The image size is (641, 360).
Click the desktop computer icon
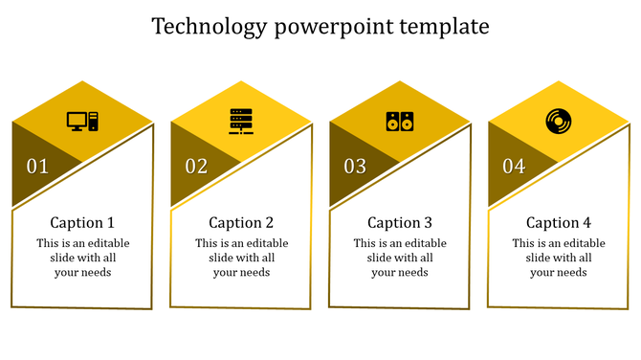tap(82, 122)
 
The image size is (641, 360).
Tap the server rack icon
tap(241, 122)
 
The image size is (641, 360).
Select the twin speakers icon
tap(400, 122)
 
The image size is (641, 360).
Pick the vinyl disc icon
tap(558, 122)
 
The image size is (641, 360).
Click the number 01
tap(37, 167)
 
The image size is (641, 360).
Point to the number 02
tap(196, 167)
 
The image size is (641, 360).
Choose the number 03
tap(355, 167)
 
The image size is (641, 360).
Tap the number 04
tap(514, 167)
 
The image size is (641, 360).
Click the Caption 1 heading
tap(82, 222)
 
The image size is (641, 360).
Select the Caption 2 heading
tap(241, 222)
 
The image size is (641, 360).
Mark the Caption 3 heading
tap(400, 222)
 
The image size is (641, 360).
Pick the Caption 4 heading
tap(559, 222)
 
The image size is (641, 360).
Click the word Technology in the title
tap(209, 26)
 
